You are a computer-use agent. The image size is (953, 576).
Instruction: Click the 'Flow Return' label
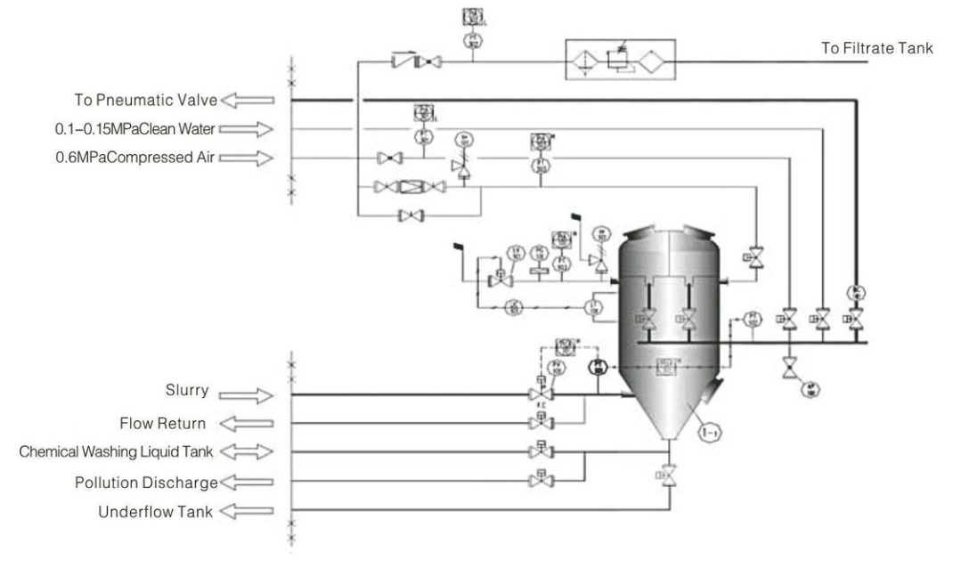tap(163, 423)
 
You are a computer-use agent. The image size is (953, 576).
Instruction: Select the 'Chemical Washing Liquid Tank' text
tap(117, 451)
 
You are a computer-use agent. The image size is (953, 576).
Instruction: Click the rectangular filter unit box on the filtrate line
tap(622, 61)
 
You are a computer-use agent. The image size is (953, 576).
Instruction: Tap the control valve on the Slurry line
tap(540, 393)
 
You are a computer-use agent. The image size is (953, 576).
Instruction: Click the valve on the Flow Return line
tap(540, 422)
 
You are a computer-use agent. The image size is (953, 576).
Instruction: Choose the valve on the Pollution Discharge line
tap(540, 481)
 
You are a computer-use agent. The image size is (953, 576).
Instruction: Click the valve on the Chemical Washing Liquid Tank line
tap(540, 451)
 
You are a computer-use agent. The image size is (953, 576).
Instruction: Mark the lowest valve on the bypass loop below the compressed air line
tap(411, 215)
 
